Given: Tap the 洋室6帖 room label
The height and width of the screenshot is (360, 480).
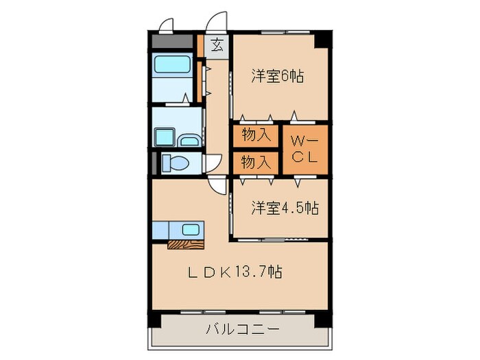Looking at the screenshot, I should [276, 76].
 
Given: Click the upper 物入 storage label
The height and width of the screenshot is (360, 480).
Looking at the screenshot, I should [256, 135].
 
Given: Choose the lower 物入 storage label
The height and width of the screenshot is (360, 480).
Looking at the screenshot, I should [256, 163].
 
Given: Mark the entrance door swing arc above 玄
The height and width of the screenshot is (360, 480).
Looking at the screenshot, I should [218, 21].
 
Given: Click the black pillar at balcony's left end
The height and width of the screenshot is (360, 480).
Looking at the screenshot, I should [156, 321].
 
